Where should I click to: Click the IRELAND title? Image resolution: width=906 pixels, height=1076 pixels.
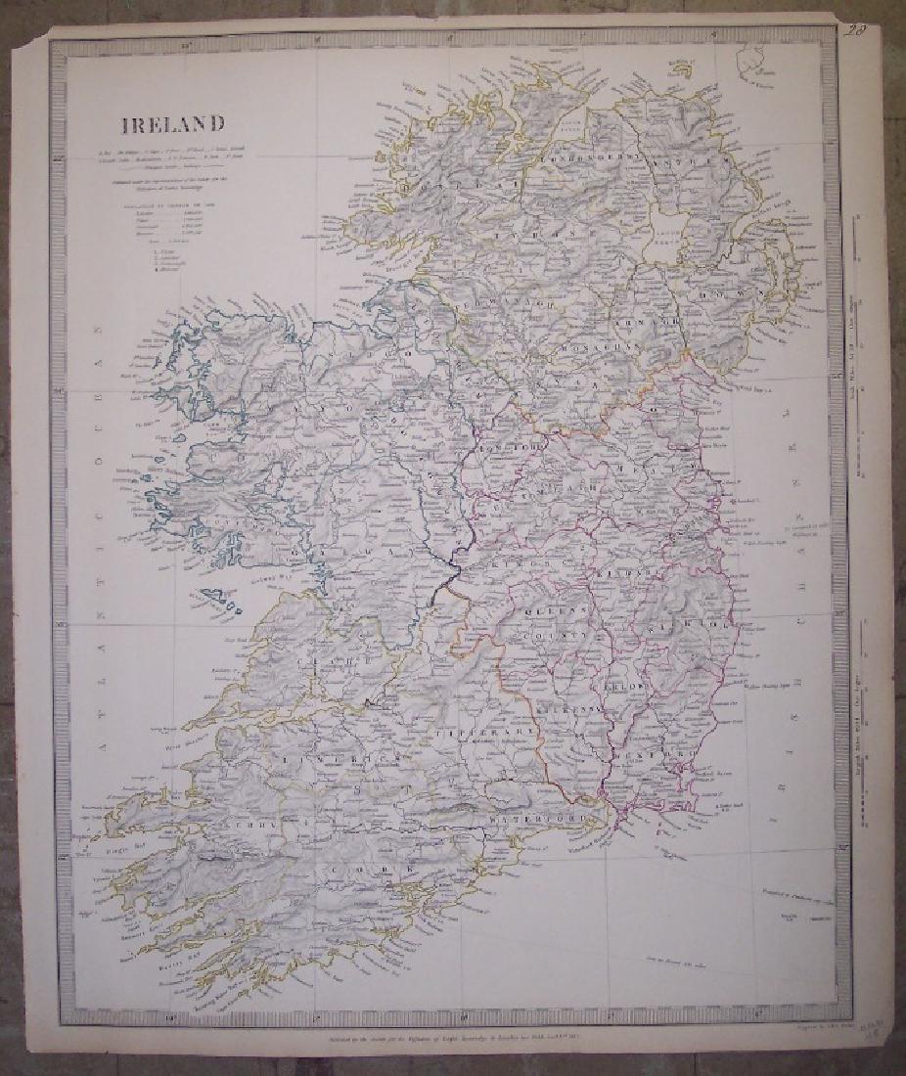click(x=172, y=123)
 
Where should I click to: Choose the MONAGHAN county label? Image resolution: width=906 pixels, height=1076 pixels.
click(x=607, y=345)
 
